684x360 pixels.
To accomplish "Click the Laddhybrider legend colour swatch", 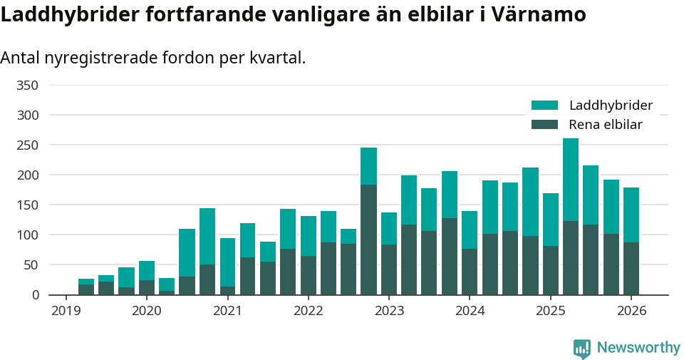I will pos(545,106).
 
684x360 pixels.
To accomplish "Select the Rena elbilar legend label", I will pos(606,125).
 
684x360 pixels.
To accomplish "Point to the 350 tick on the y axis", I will pos(27,86).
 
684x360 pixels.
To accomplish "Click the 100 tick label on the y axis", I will pos(27,235).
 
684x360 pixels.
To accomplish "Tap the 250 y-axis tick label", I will pos(27,145).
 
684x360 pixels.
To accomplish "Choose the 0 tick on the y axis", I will pos(34,295).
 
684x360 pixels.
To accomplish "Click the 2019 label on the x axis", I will pos(66,311).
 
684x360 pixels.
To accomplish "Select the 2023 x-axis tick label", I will pos(389,311).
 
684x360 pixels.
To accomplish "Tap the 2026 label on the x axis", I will pos(631,311).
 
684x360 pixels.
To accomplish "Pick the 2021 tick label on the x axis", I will pos(227,311).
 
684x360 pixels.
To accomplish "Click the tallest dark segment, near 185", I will pos(368,240).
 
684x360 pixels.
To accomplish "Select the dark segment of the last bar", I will pos(631,269).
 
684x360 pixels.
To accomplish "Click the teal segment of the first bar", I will pos(86,282).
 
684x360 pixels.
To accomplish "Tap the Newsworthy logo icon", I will pos(581,349).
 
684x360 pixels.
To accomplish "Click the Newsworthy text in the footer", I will pos(638,348).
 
